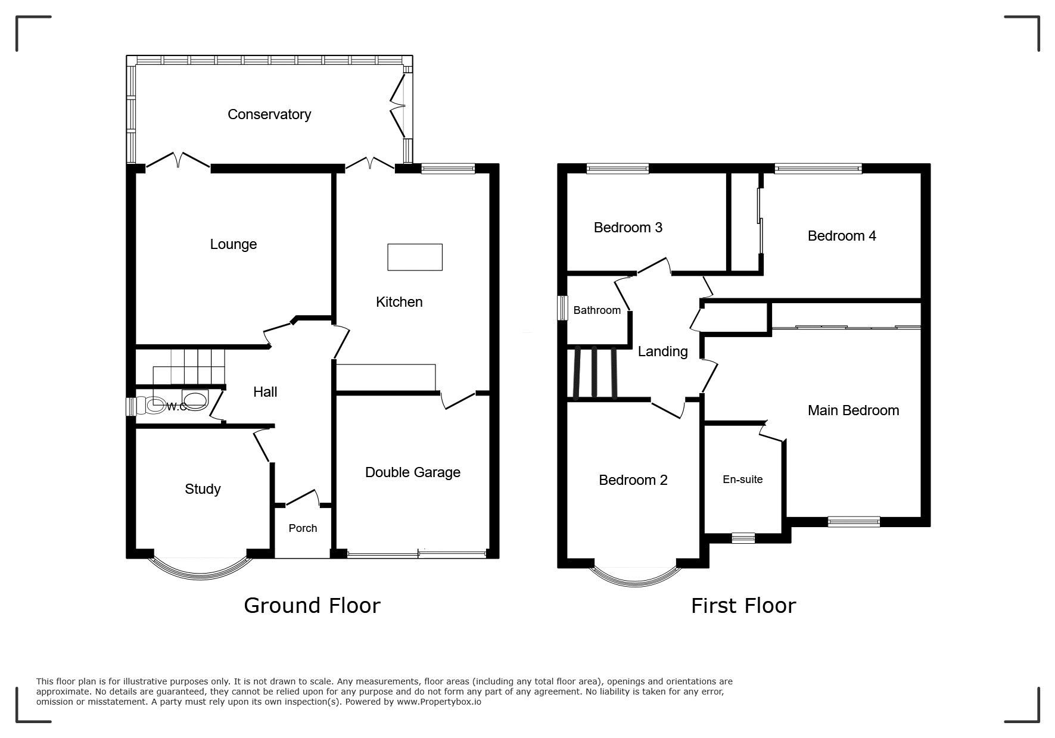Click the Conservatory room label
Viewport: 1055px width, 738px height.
(269, 114)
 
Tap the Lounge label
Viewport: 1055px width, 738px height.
(234, 244)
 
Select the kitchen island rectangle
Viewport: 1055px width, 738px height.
(415, 257)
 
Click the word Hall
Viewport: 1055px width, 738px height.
(265, 392)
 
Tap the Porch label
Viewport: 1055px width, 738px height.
(303, 528)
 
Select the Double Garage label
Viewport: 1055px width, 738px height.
(413, 472)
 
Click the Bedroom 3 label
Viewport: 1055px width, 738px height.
(628, 228)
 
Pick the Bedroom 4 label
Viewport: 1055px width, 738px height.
(842, 236)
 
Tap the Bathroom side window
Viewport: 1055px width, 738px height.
(562, 308)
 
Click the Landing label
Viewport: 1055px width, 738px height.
(662, 352)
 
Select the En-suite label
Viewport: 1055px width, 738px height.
(742, 479)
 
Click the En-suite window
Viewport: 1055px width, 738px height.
(743, 538)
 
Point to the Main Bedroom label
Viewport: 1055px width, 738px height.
(853, 410)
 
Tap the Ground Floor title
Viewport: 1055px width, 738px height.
(312, 606)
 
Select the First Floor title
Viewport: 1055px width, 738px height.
(743, 606)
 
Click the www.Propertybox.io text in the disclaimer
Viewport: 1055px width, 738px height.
(439, 702)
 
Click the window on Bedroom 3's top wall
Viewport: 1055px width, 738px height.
(618, 169)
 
